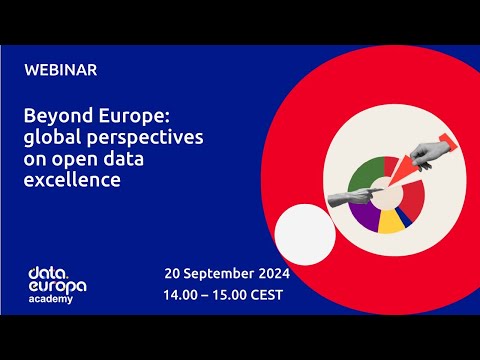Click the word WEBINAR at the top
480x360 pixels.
pos(61,70)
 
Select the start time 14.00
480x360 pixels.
pos(183,295)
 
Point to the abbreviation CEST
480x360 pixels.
pos(264,295)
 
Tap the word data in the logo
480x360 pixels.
pos(46,272)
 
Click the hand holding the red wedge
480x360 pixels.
pos(431,153)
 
